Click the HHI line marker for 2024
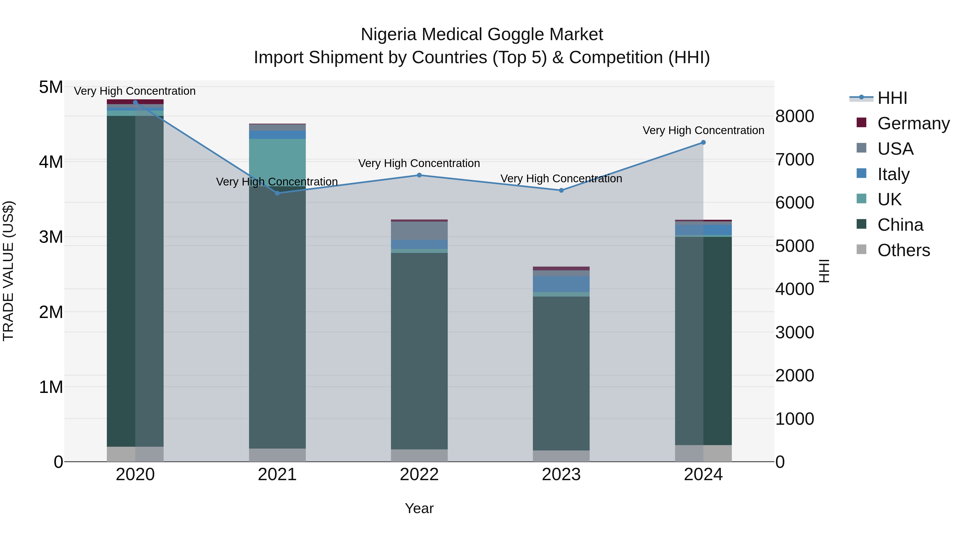pyautogui.click(x=703, y=142)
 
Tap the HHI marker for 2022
pyautogui.click(x=419, y=175)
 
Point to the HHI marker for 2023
pyautogui.click(x=561, y=190)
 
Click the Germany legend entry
pyautogui.click(x=913, y=123)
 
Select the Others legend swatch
pyautogui.click(x=861, y=249)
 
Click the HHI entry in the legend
pyautogui.click(x=892, y=98)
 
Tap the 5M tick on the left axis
pyautogui.click(x=51, y=87)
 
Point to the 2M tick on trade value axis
pyautogui.click(x=51, y=312)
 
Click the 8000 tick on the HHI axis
pyautogui.click(x=794, y=116)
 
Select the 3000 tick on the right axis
pyautogui.click(x=794, y=332)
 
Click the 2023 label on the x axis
pyautogui.click(x=561, y=475)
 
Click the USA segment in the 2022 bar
pyautogui.click(x=419, y=231)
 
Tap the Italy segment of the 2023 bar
pyautogui.click(x=561, y=284)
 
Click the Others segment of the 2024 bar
pyautogui.click(x=703, y=453)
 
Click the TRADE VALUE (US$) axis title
pyautogui.click(x=8, y=271)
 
